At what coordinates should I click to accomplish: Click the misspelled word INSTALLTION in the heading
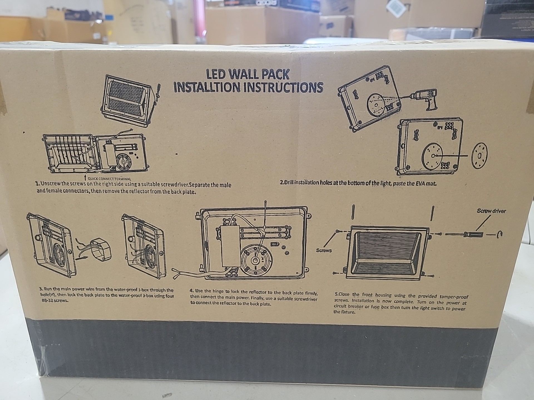pos(207,87)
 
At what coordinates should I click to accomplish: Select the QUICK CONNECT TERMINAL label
pos(109,179)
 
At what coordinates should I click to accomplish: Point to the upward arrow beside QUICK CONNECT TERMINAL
pos(85,178)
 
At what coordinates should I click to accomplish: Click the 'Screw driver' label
pos(491,211)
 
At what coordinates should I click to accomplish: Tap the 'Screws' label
pos(324,250)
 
